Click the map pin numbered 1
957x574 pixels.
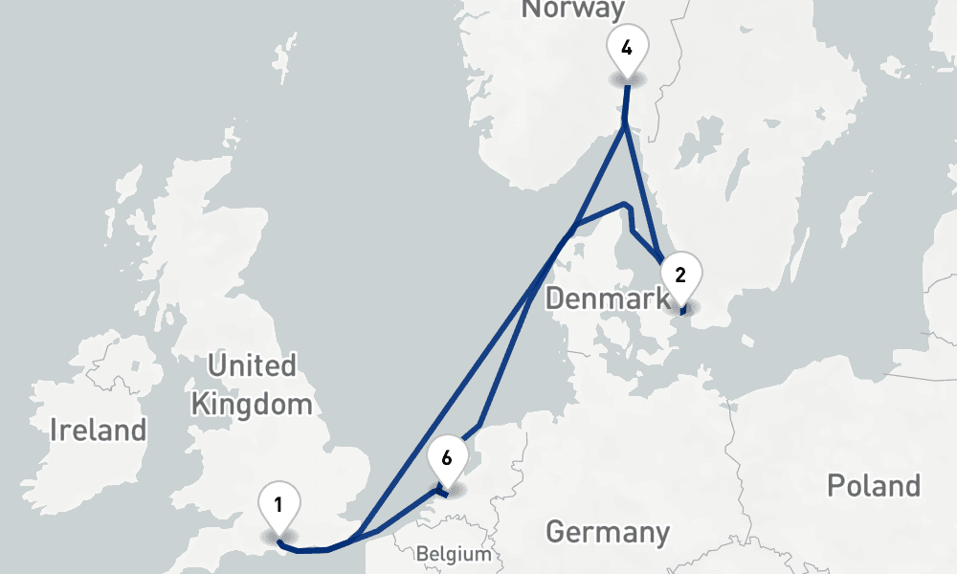click(278, 504)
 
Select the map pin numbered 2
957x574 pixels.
click(680, 276)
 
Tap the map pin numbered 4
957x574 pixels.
click(626, 48)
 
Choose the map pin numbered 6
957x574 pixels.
click(447, 456)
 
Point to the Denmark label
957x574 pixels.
click(607, 299)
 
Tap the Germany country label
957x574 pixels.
click(608, 531)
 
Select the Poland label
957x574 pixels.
click(874, 485)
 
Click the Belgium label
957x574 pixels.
click(454, 554)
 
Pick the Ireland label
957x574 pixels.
click(99, 430)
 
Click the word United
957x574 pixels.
click(252, 365)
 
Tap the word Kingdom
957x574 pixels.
click(252, 403)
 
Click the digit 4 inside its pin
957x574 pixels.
click(626, 48)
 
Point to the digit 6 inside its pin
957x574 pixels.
click(447, 456)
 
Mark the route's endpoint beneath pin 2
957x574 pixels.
click(681, 312)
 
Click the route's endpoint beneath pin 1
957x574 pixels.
click(278, 542)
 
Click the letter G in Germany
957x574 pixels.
click(557, 531)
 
